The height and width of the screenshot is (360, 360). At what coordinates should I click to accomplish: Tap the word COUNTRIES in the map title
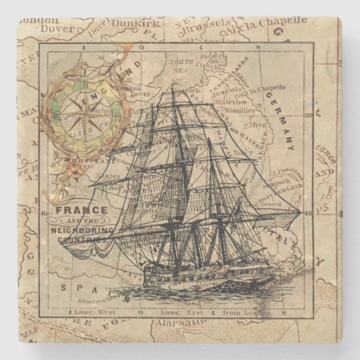click(x=81, y=240)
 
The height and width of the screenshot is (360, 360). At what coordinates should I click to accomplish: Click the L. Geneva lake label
click(x=268, y=203)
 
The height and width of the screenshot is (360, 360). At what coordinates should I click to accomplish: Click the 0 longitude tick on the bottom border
click(x=140, y=314)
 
